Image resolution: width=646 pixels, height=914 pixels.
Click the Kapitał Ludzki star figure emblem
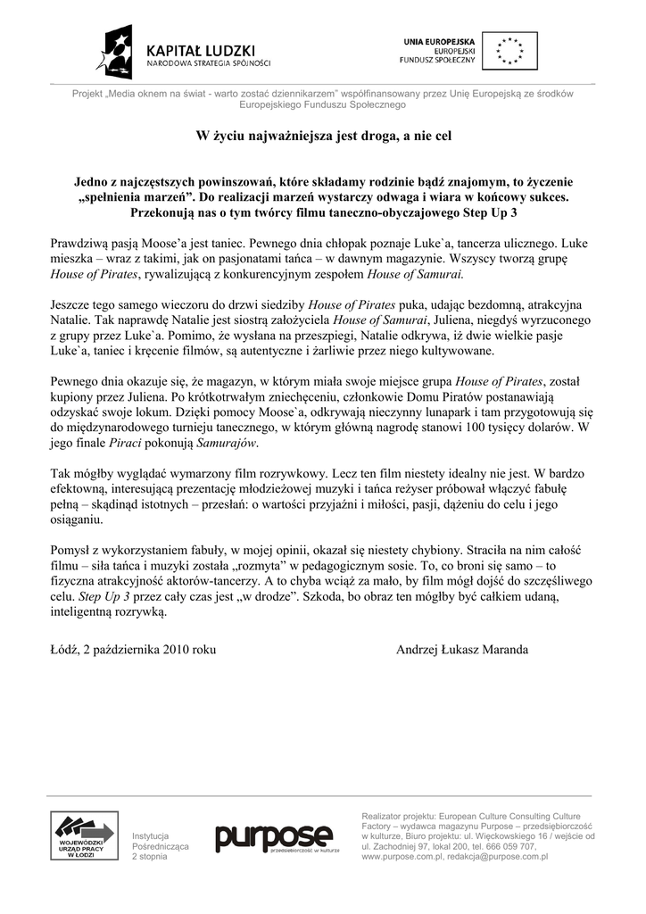(120, 52)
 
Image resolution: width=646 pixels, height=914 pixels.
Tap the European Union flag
(509, 51)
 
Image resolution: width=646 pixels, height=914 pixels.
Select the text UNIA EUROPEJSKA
(439, 42)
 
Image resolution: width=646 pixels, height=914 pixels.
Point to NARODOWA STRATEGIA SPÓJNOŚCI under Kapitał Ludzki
(208, 63)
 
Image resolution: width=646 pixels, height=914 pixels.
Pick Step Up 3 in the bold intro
(490, 213)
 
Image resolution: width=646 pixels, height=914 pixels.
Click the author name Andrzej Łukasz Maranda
(461, 650)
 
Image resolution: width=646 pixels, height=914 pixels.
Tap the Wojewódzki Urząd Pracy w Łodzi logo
(84, 835)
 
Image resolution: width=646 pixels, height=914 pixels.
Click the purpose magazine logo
(273, 839)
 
